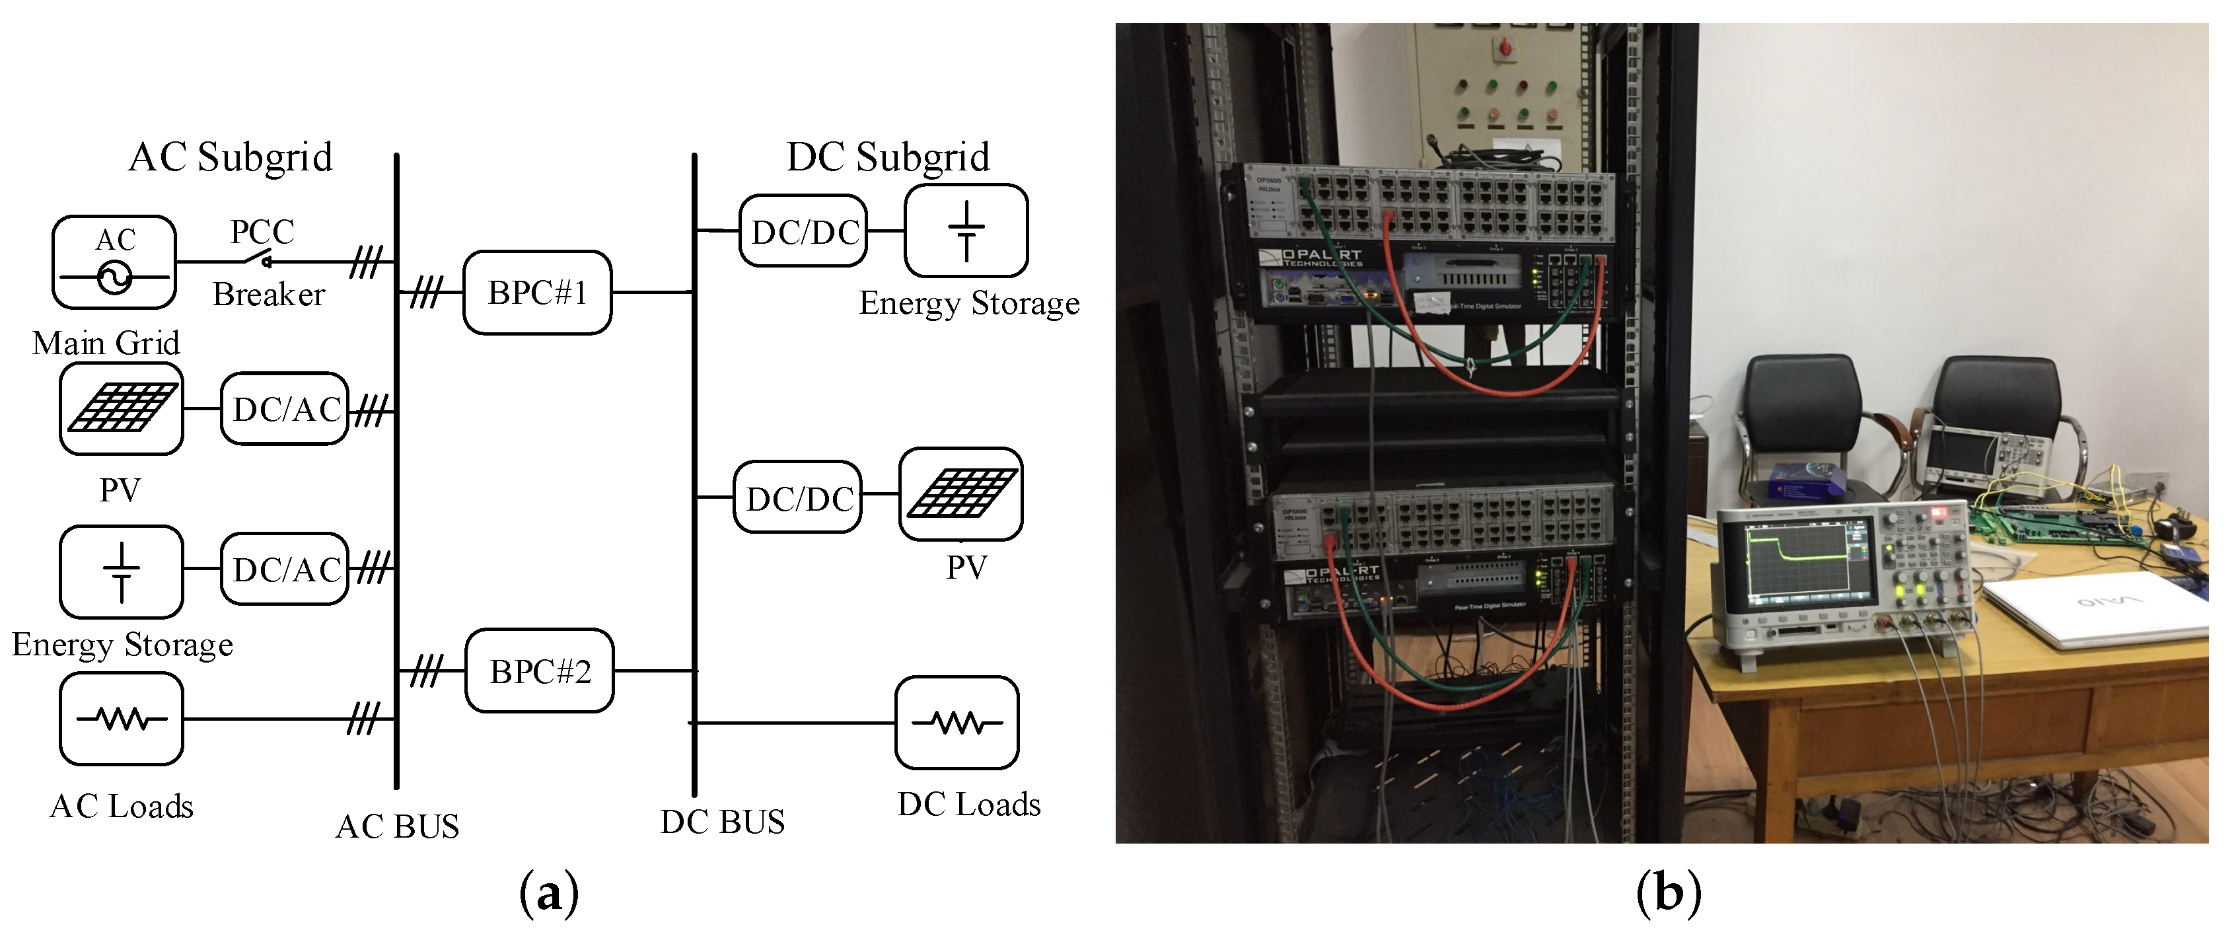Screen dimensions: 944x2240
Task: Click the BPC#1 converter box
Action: [536, 293]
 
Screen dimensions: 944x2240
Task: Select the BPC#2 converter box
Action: [539, 671]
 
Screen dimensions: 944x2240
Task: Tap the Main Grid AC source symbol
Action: [114, 262]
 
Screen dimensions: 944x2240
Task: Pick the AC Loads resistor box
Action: [121, 720]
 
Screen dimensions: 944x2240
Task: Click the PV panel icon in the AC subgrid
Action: [121, 408]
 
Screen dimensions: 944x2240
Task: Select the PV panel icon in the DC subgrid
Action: [961, 493]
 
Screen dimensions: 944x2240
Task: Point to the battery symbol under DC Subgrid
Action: [966, 231]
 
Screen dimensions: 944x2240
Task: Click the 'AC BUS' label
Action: [398, 826]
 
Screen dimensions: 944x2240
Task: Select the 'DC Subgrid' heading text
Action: [888, 157]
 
